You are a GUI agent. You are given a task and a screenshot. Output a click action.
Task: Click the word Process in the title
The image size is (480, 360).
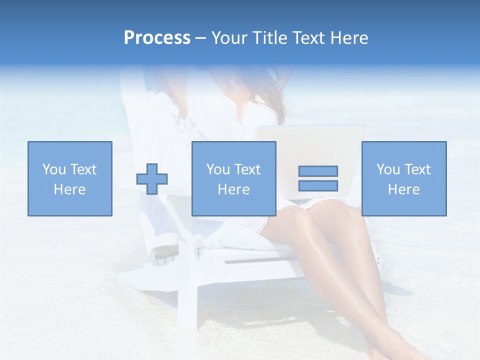point(157,38)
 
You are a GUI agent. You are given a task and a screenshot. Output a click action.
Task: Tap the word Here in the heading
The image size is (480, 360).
point(348,38)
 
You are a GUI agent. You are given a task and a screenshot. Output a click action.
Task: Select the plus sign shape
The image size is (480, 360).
point(152,178)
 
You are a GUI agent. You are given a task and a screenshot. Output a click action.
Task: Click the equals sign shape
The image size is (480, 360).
point(318,178)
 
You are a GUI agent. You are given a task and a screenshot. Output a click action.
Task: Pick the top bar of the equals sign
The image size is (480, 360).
point(318,171)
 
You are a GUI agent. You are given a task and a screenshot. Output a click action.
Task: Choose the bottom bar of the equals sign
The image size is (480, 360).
point(318,185)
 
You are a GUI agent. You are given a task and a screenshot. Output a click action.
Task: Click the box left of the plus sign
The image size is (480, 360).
point(70,178)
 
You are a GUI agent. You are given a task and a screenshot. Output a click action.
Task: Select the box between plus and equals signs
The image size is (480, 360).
point(234,178)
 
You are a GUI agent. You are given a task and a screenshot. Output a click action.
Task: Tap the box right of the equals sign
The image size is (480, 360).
point(404,178)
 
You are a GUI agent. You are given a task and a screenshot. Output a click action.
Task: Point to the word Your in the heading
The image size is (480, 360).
point(228,38)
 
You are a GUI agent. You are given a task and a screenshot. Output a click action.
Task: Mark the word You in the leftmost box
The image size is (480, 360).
point(54,169)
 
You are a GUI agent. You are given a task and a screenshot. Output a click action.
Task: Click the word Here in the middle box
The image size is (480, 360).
point(234,189)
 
